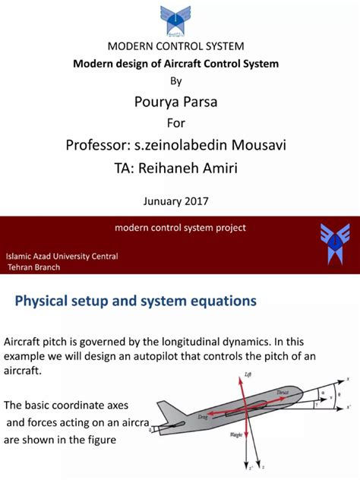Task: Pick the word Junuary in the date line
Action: click(x=162, y=201)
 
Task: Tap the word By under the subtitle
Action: click(x=175, y=80)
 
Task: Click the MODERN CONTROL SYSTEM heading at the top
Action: click(x=175, y=47)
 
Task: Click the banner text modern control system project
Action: click(x=180, y=227)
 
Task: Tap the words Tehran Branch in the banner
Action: click(x=35, y=267)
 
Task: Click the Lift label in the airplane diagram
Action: click(x=247, y=374)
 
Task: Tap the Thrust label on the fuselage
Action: click(x=282, y=392)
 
